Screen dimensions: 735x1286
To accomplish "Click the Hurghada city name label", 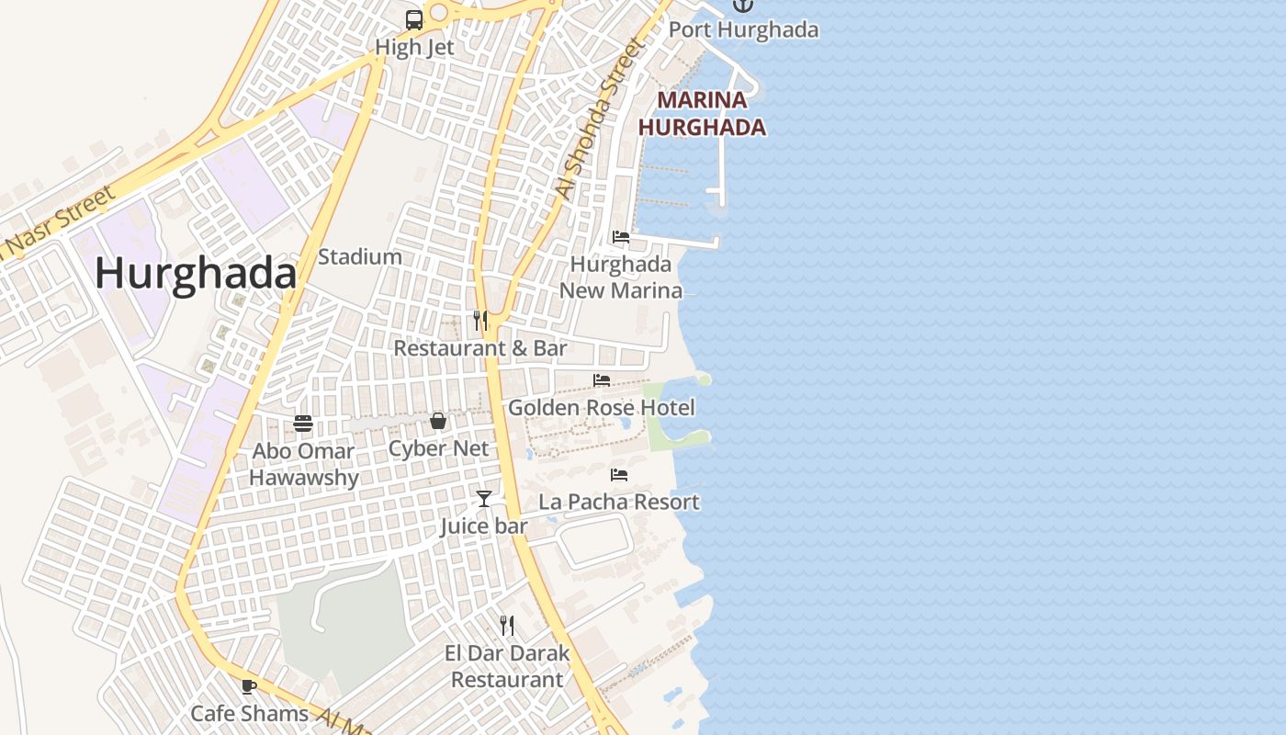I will [196, 274].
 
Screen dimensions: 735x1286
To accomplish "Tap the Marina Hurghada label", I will [702, 114].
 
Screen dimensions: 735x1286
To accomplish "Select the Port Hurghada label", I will [743, 29].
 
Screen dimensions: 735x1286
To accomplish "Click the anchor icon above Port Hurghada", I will [742, 5].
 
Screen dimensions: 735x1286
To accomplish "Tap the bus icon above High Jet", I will [414, 19].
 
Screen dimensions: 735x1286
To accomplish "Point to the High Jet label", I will [414, 47].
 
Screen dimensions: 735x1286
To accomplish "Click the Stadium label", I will [359, 257].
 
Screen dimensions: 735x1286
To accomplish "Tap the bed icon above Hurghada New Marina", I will [621, 237].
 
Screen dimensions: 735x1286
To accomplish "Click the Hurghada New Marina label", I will [621, 277].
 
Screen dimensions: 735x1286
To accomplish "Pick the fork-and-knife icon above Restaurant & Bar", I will [479, 320].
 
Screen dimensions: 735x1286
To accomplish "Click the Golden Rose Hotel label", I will [601, 407].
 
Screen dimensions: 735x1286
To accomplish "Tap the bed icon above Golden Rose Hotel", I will [602, 380].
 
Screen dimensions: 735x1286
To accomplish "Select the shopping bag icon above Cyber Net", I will [438, 421].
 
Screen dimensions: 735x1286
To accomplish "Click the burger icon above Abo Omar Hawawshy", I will [303, 424].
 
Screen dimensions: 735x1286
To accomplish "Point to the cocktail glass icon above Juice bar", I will [484, 499].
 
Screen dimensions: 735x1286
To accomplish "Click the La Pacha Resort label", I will [619, 502].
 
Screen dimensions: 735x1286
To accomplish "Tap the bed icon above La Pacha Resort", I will [619, 475].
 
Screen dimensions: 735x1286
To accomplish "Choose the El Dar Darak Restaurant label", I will [507, 666].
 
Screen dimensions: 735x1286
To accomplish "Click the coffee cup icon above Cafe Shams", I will [249, 686].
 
